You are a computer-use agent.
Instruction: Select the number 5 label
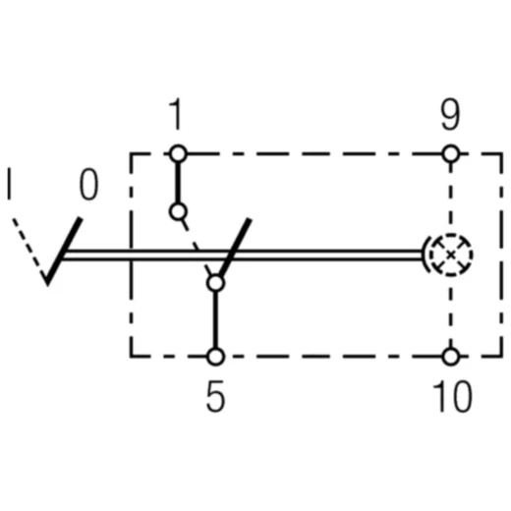click(x=215, y=397)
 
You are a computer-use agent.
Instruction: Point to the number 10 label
click(x=451, y=397)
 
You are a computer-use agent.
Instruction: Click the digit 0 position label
click(x=87, y=186)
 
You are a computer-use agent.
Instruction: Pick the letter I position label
click(x=10, y=186)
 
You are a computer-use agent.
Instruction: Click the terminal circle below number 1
click(x=177, y=153)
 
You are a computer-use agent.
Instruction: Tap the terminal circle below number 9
click(x=450, y=153)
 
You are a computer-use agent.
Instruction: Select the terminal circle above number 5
click(x=215, y=357)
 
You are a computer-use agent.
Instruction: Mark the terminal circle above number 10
click(x=450, y=357)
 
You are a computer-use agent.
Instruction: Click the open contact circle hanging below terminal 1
click(x=177, y=211)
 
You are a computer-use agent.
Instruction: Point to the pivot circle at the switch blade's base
click(x=215, y=283)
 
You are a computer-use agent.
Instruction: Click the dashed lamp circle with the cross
click(x=450, y=255)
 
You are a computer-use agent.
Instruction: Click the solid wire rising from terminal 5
click(x=215, y=320)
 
